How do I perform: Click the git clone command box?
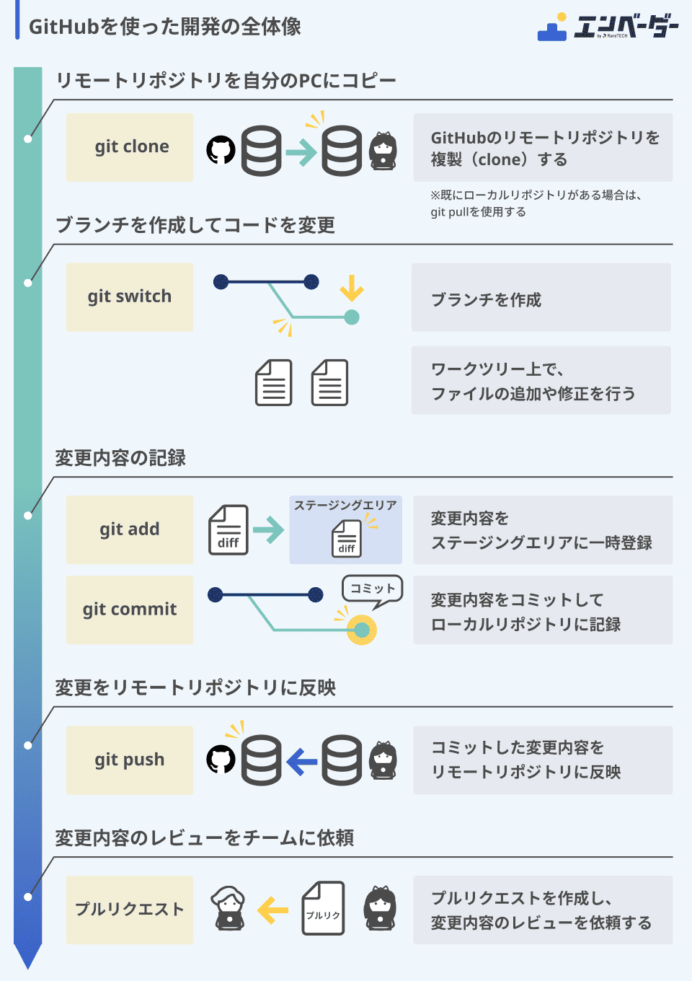(130, 147)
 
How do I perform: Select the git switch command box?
(130, 297)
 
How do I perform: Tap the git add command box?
(130, 529)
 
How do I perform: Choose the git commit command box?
(130, 610)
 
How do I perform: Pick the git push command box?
(130, 760)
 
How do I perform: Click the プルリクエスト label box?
(130, 910)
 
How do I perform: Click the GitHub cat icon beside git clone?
(221, 150)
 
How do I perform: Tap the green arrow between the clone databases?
(301, 151)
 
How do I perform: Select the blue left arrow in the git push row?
(301, 760)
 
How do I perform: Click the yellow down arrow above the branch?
(352, 288)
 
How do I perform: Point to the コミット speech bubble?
(372, 590)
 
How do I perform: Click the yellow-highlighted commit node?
(361, 630)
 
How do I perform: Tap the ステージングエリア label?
(345, 505)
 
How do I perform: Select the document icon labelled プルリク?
(323, 909)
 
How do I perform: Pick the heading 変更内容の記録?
(120, 458)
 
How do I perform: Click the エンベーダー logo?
(608, 27)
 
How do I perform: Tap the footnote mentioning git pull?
(536, 203)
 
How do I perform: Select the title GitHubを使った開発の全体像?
(164, 27)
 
